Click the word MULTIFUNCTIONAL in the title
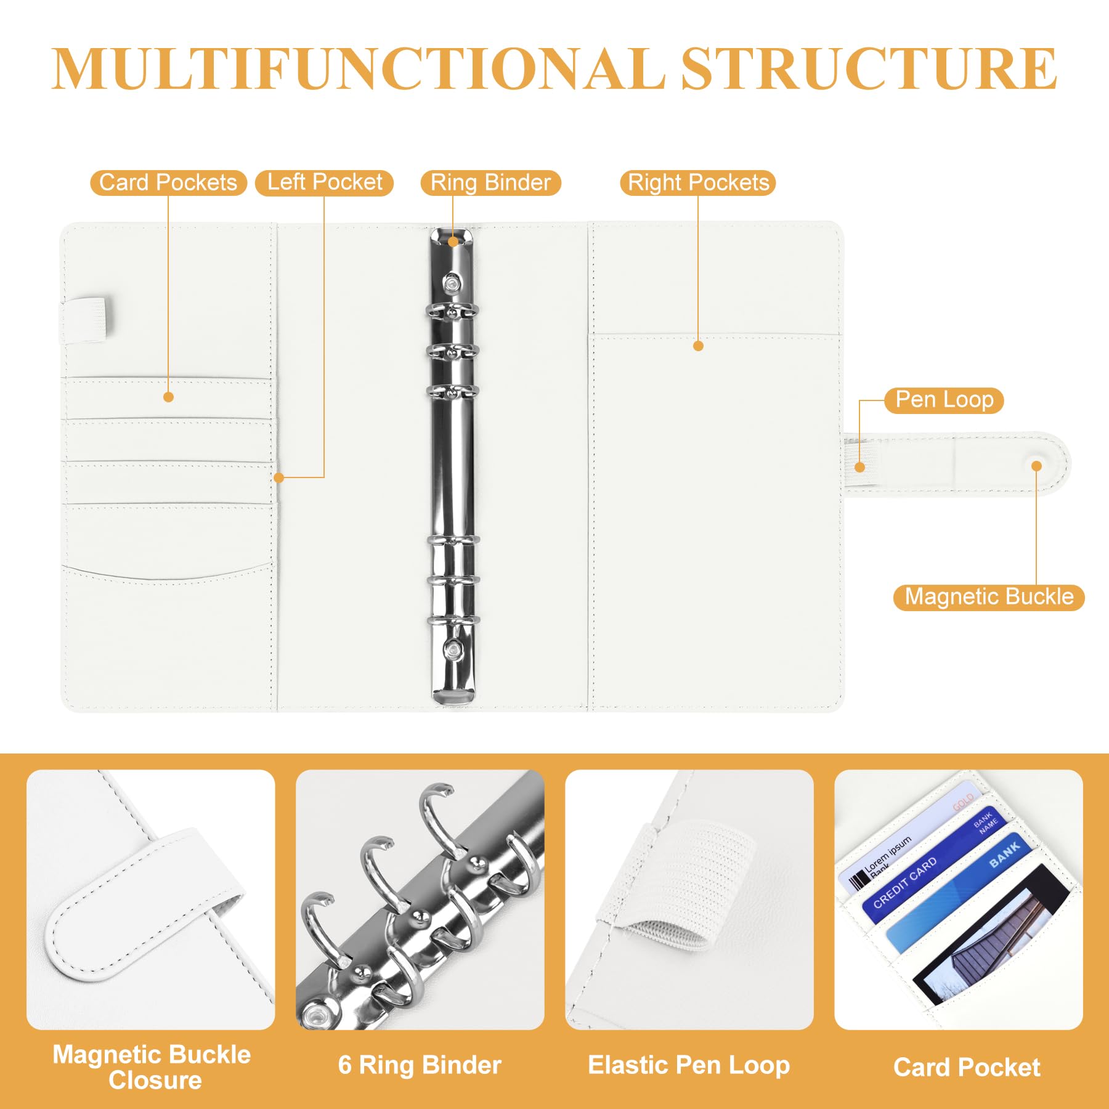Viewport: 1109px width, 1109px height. pyautogui.click(x=358, y=68)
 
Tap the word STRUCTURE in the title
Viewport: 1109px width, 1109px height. pyautogui.click(x=869, y=68)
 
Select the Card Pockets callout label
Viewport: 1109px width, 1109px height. pyautogui.click(x=168, y=183)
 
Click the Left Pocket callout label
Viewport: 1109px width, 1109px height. pyautogui.click(x=325, y=183)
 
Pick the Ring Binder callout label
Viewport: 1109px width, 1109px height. pyautogui.click(x=490, y=183)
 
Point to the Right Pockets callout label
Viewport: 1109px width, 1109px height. pyautogui.click(x=698, y=183)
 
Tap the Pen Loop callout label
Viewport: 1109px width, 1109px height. pyautogui.click(x=944, y=400)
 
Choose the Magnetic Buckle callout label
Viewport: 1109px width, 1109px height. pyautogui.click(x=989, y=597)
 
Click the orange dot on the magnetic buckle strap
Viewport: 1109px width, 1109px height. pyautogui.click(x=1037, y=466)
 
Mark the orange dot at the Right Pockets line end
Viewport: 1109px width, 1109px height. pyautogui.click(x=698, y=346)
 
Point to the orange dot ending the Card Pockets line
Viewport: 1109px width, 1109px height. pyautogui.click(x=168, y=397)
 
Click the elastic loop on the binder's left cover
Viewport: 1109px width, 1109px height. pyautogui.click(x=85, y=320)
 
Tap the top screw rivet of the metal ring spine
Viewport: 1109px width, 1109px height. pyautogui.click(x=453, y=283)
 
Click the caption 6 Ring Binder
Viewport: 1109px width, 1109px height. pyautogui.click(x=420, y=1065)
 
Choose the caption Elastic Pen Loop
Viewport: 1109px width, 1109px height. pyautogui.click(x=689, y=1065)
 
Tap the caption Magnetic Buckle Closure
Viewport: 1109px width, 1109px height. pyautogui.click(x=152, y=1066)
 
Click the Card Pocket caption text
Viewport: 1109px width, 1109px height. pyautogui.click(x=967, y=1067)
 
